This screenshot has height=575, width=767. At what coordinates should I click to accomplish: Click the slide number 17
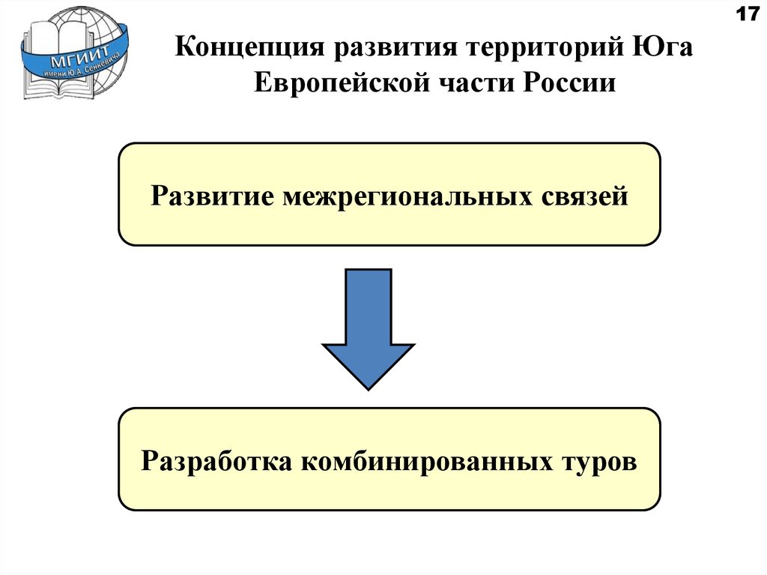click(x=748, y=15)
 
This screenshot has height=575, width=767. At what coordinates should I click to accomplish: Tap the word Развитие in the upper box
click(x=210, y=196)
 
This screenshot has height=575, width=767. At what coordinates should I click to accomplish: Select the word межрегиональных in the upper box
click(x=404, y=196)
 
